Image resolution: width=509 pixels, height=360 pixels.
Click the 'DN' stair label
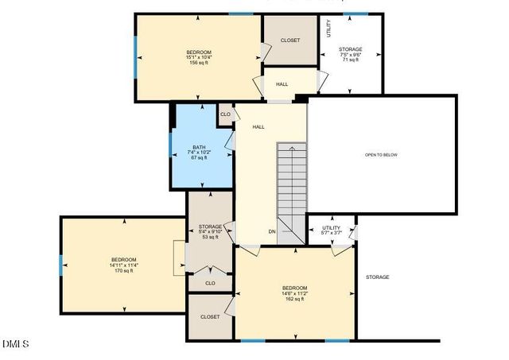point(272,231)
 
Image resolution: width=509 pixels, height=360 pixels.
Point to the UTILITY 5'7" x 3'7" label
point(331,230)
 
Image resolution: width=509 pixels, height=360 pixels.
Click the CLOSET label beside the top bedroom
point(290,40)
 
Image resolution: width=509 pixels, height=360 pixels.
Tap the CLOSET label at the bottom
point(210,316)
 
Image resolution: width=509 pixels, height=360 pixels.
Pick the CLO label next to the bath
point(225,114)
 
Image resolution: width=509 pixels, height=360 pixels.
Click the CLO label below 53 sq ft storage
point(210,282)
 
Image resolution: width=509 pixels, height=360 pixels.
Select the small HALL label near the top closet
point(282,84)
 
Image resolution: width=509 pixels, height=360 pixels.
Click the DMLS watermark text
point(15,344)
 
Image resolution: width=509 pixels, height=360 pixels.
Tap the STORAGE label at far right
point(377,277)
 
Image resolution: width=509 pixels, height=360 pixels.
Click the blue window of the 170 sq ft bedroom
point(60,264)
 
